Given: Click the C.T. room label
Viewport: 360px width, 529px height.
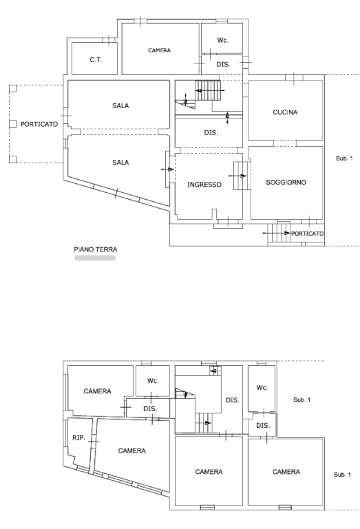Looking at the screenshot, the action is coord(96,60).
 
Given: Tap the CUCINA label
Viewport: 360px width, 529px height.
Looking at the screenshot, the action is coord(285,112).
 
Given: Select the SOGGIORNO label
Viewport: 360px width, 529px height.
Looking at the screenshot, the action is coord(286,182).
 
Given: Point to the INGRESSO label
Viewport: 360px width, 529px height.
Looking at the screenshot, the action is coord(204,185).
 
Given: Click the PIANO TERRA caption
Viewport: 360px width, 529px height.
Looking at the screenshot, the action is coord(96,249).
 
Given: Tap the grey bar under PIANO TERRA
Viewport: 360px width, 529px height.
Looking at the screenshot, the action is coord(95,258).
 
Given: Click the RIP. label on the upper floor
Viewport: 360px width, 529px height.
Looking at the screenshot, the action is coord(79,438).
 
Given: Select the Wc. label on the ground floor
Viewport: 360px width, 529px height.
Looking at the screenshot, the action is coord(222,40).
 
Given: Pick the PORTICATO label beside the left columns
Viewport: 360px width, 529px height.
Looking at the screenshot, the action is coord(39,124).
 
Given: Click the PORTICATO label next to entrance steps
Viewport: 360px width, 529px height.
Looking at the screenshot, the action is coord(307,234).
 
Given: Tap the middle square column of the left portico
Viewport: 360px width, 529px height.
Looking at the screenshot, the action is coord(12,124).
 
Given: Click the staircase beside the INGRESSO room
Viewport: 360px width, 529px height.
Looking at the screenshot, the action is coord(242,176).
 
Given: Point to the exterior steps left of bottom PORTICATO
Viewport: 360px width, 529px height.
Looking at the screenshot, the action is coord(279,232).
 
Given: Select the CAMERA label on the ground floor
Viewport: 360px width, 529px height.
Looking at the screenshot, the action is coord(160,50).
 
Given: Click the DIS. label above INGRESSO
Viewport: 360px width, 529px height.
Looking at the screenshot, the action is coord(211,133).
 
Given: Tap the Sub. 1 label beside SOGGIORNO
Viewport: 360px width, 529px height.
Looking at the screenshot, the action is coord(344,158).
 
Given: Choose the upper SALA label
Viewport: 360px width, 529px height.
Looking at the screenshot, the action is coord(120,105).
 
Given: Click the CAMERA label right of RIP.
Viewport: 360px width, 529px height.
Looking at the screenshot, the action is coord(131,450).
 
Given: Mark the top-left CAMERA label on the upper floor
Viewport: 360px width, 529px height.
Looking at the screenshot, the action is coord(98,391).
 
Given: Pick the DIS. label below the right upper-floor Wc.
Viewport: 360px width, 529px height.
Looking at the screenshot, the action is coord(263,426).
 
